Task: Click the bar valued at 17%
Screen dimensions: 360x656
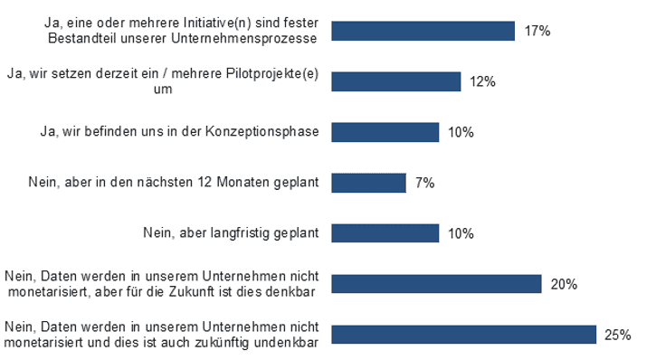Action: [x=423, y=31]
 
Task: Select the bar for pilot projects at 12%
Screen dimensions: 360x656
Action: [x=396, y=81]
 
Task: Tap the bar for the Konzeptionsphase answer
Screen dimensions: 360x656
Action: [x=385, y=132]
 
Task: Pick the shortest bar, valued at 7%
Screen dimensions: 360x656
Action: [x=368, y=183]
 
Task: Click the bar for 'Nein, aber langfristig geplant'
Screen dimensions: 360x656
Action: [x=385, y=233]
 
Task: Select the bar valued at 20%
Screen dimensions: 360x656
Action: [x=436, y=284]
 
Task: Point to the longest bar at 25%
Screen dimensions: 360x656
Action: [x=463, y=335]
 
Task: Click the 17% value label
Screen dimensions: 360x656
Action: [x=537, y=31]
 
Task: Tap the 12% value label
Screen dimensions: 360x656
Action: [x=483, y=81]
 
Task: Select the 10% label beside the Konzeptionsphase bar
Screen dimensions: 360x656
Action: [x=461, y=132]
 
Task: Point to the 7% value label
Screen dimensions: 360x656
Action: [x=424, y=183]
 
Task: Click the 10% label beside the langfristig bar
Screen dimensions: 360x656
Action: [x=461, y=233]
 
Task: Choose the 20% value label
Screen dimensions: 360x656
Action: [x=564, y=284]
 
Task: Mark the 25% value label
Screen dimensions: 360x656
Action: [x=617, y=335]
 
